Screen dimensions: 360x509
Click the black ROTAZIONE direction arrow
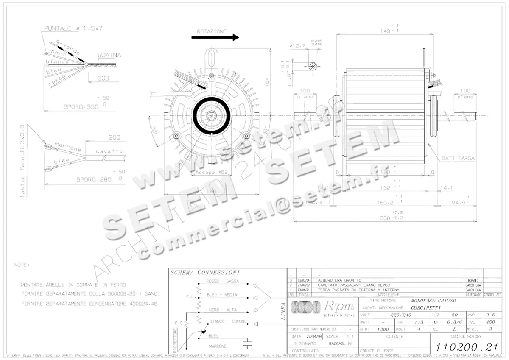click(x=215, y=37)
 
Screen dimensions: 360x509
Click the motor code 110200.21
click(x=466, y=347)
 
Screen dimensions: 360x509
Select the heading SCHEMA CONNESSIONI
click(x=205, y=273)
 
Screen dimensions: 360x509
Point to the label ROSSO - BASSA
click(x=222, y=282)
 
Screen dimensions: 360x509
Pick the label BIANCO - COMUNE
click(x=227, y=322)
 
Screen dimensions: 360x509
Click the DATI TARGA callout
click(x=458, y=159)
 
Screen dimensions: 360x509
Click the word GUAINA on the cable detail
click(x=109, y=55)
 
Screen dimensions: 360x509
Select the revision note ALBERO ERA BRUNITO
click(x=338, y=281)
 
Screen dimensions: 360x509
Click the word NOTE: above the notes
click(x=22, y=265)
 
